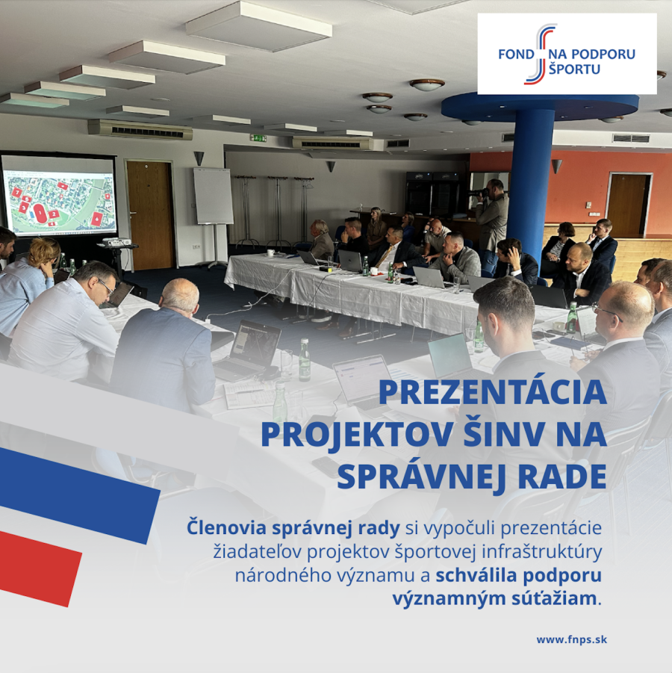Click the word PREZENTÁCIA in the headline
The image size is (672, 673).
[x=493, y=392]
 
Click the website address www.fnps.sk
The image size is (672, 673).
[x=572, y=639]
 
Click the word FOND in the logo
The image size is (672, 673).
[x=516, y=55]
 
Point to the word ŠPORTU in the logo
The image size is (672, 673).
[x=575, y=69]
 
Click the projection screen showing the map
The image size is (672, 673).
[x=59, y=196]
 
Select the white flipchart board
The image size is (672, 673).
[x=214, y=196]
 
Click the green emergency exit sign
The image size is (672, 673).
[x=258, y=138]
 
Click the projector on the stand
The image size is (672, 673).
[x=115, y=242]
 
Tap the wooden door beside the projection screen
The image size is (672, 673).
[x=151, y=215]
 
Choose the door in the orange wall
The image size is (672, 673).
[x=628, y=199]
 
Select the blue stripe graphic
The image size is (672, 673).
[x=77, y=494]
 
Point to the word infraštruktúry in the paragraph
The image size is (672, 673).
[x=541, y=552]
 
